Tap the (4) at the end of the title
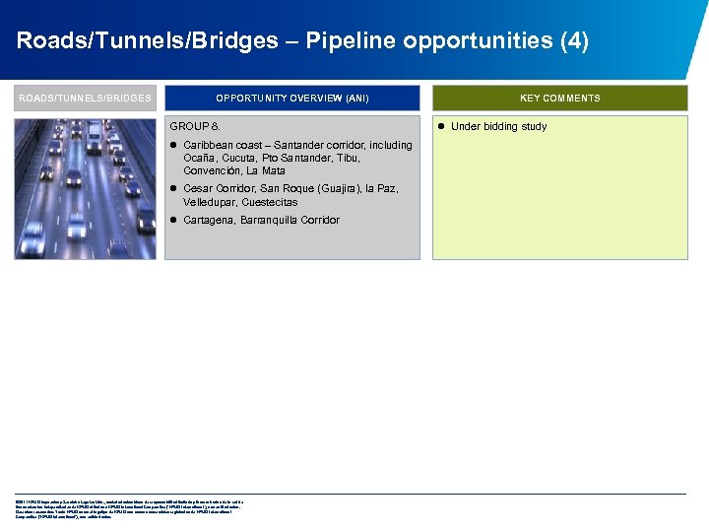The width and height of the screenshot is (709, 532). click(x=572, y=41)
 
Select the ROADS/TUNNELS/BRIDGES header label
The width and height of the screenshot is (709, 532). click(x=85, y=99)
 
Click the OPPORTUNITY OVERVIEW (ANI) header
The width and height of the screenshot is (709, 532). click(x=292, y=99)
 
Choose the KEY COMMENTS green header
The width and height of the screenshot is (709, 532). click(x=559, y=99)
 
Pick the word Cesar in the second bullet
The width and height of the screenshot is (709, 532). click(x=198, y=188)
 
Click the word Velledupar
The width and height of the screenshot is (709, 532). click(x=210, y=202)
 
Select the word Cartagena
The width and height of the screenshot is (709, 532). click(x=210, y=220)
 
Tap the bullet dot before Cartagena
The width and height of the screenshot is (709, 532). click(x=172, y=220)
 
